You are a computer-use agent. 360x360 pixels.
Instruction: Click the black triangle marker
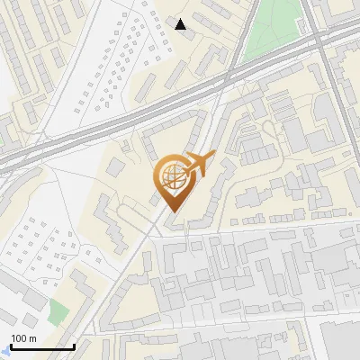point(181,24)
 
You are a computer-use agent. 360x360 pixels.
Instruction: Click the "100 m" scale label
point(23,337)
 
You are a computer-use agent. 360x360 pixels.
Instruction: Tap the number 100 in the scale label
point(19,337)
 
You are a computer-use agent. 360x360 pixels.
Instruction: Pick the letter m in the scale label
point(33,337)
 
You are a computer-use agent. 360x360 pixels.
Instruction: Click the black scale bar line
point(40,346)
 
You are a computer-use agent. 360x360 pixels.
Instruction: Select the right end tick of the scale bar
point(74,345)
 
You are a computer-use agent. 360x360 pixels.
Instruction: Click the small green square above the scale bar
point(58,312)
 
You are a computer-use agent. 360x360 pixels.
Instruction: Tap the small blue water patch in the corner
point(4,354)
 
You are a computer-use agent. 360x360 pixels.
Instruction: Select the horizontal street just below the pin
point(252,229)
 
